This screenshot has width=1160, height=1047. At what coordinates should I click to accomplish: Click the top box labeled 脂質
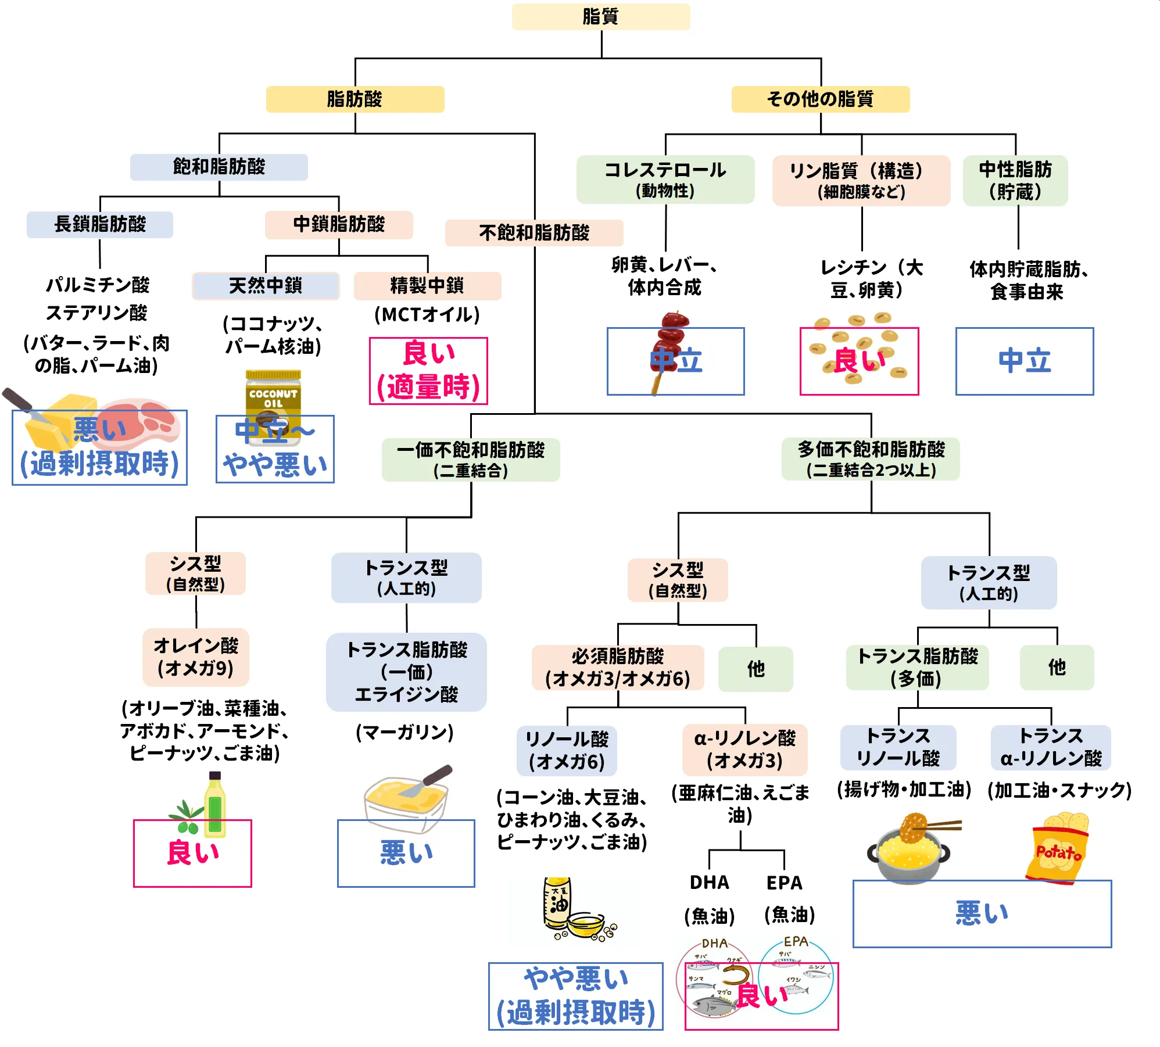600,17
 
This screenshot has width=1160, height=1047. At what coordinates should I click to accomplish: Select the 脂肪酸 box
355,99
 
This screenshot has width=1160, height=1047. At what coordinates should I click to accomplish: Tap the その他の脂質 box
820,99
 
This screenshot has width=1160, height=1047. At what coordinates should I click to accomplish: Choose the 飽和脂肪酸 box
219,167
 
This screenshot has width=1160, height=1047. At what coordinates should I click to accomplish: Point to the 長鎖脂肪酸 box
100,224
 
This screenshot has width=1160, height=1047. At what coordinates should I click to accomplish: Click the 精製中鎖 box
427,286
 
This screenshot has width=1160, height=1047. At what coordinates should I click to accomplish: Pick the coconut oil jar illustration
273,401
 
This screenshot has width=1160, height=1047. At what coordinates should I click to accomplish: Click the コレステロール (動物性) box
665,179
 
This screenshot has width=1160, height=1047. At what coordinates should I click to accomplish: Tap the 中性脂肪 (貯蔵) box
1015,180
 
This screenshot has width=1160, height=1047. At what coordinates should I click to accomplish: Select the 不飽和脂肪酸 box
534,233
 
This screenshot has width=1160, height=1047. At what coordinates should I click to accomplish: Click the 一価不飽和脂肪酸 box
470,460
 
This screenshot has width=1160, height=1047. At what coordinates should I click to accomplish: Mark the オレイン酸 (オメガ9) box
196,657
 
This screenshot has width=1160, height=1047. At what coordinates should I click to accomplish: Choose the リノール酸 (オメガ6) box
567,750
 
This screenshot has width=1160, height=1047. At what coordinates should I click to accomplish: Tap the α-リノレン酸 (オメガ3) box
744,750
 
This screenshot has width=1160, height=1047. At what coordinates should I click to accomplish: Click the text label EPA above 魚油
784,883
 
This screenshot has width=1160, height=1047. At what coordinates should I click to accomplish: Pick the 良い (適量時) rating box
428,371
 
